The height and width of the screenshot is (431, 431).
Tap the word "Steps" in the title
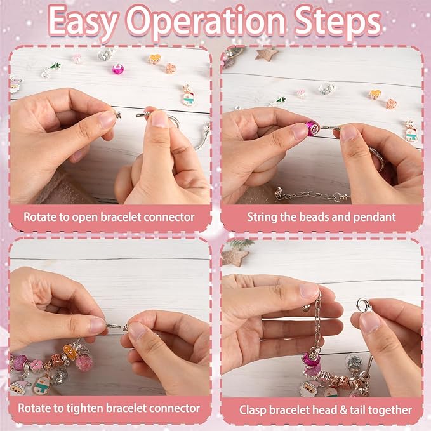tap(338, 22)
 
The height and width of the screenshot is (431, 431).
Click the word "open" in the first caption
tap(84, 218)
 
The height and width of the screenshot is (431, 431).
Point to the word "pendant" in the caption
tap(375, 217)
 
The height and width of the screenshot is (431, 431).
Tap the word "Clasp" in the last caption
tap(253, 410)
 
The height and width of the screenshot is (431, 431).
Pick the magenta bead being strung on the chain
tap(312, 128)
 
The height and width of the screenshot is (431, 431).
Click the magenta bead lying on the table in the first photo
tap(118, 69)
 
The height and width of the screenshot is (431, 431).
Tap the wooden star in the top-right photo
tap(266, 53)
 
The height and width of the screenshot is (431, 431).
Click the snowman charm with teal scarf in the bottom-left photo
tap(42, 384)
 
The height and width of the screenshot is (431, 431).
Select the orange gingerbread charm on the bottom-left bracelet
tap(70, 352)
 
